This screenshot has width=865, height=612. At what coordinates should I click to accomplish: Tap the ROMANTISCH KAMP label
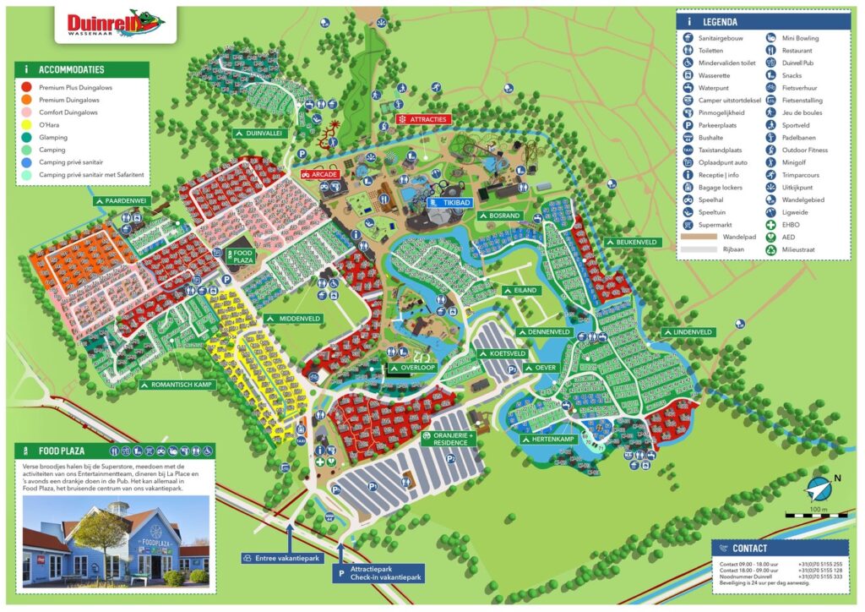tap(177, 384)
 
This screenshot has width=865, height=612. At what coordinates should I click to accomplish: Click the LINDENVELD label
tap(686, 332)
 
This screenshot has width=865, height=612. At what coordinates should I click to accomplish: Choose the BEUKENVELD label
tap(631, 242)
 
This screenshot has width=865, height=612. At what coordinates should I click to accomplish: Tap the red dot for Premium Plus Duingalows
tap(27, 87)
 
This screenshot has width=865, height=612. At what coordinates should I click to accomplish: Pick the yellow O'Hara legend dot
tap(27, 124)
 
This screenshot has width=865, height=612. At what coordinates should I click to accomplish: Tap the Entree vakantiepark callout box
tap(280, 558)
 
